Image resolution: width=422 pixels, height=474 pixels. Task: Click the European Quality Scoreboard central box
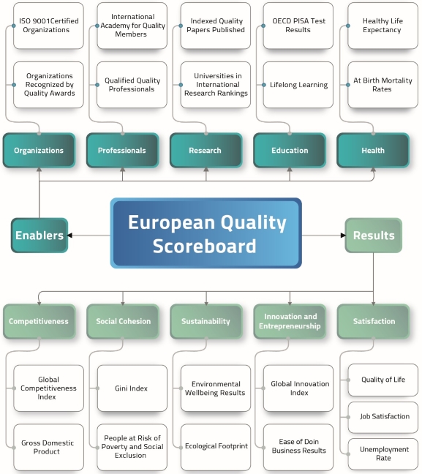(x=206, y=233)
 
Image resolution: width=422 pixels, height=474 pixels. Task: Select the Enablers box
(x=39, y=236)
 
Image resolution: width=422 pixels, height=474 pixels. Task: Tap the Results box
(x=373, y=236)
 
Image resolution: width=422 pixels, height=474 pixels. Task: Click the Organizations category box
(x=39, y=150)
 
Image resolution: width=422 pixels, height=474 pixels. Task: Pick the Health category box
(x=373, y=150)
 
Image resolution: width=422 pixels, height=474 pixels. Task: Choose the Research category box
(x=206, y=150)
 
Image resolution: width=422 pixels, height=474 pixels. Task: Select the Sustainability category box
(x=206, y=321)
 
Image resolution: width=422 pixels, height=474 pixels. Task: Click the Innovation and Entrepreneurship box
(x=290, y=321)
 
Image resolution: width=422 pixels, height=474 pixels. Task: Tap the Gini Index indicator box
(x=132, y=388)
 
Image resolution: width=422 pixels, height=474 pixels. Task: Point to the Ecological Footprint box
(x=216, y=447)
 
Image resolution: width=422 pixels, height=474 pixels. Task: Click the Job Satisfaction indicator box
(x=383, y=417)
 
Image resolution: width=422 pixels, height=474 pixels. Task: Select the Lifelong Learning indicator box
(x=298, y=85)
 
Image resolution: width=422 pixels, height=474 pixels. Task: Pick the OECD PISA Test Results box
(x=298, y=26)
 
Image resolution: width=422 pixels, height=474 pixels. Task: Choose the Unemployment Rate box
(x=383, y=454)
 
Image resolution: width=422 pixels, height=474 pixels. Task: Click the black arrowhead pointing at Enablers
(x=69, y=236)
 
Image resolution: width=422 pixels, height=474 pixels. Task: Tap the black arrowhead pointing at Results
(x=343, y=236)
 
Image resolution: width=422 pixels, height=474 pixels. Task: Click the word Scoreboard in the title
(x=204, y=246)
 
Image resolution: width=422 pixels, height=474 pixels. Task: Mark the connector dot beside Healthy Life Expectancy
(x=348, y=26)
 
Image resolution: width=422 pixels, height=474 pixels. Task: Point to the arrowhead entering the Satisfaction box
(x=373, y=304)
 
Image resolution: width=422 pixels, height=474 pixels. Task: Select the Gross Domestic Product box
(x=49, y=447)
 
